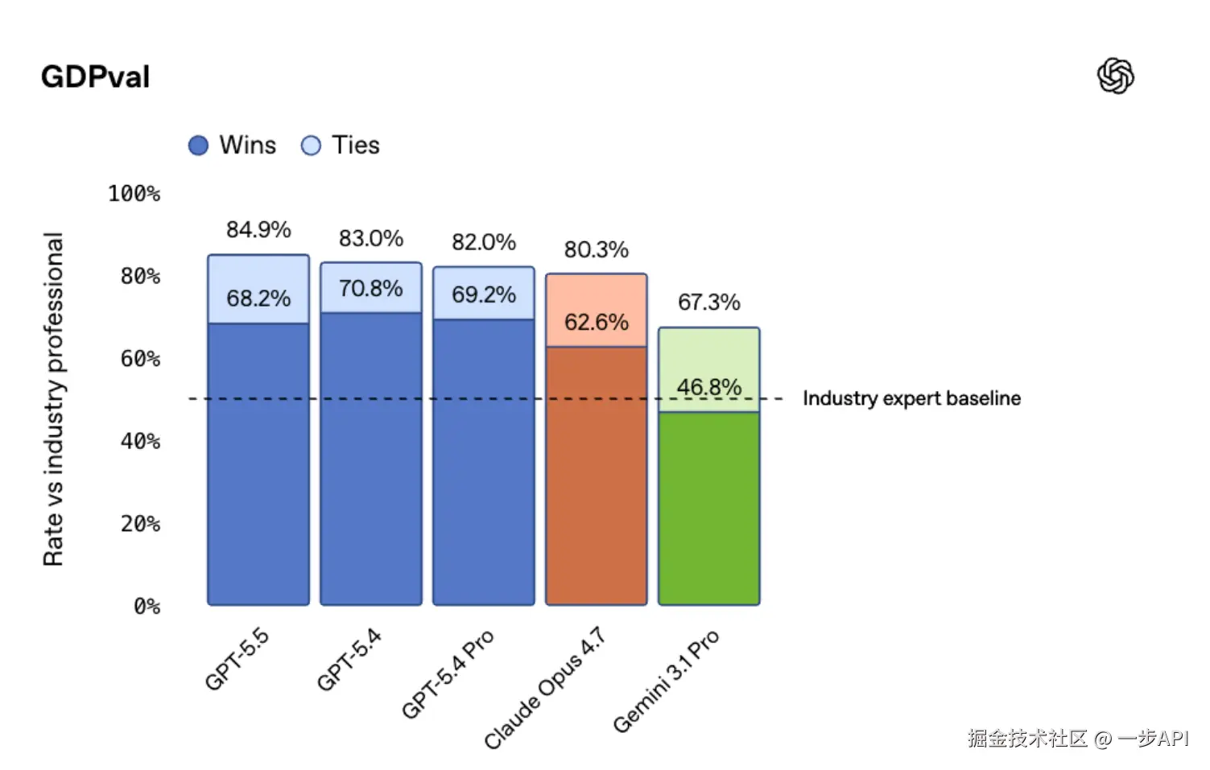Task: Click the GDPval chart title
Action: pos(95,77)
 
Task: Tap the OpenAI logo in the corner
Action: pos(1115,76)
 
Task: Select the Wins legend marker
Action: pos(198,146)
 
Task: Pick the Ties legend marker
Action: pos(311,146)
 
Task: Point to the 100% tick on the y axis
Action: pos(134,194)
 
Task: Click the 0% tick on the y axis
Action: pos(147,606)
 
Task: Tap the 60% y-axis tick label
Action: pos(140,359)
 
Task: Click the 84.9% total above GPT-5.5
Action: pos(258,230)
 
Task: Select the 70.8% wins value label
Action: pos(370,289)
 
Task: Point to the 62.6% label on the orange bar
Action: pos(596,323)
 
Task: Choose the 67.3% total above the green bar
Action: pos(708,303)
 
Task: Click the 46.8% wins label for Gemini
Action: pos(708,387)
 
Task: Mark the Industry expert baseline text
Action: pos(911,398)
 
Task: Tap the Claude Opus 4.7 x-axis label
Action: pos(544,688)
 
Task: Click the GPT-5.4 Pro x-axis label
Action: pos(448,674)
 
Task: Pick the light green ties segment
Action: pos(708,354)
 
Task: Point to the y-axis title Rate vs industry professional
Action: pos(53,399)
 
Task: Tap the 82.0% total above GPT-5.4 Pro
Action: pos(483,242)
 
